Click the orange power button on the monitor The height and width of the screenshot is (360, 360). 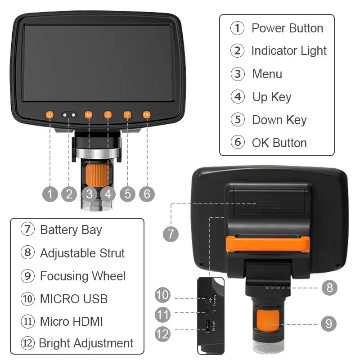[50, 115]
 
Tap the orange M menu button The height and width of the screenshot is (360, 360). [88, 115]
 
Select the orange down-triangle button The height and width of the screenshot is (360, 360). [127, 115]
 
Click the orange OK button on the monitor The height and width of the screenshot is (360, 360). [147, 115]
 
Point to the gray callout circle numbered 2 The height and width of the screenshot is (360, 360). [69, 194]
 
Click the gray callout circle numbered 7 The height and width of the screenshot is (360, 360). [171, 234]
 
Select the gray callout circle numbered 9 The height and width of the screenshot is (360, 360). [329, 324]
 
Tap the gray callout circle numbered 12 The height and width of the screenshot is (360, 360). [163, 333]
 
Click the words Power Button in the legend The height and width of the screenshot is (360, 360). [287, 28]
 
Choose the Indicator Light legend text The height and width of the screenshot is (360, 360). [288, 51]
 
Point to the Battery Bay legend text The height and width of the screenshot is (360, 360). [71, 229]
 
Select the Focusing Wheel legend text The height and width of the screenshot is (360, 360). [82, 276]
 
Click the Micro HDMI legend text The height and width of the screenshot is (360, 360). [71, 321]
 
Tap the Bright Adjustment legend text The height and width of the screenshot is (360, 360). [86, 343]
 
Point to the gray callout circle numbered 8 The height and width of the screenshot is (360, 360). [329, 288]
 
